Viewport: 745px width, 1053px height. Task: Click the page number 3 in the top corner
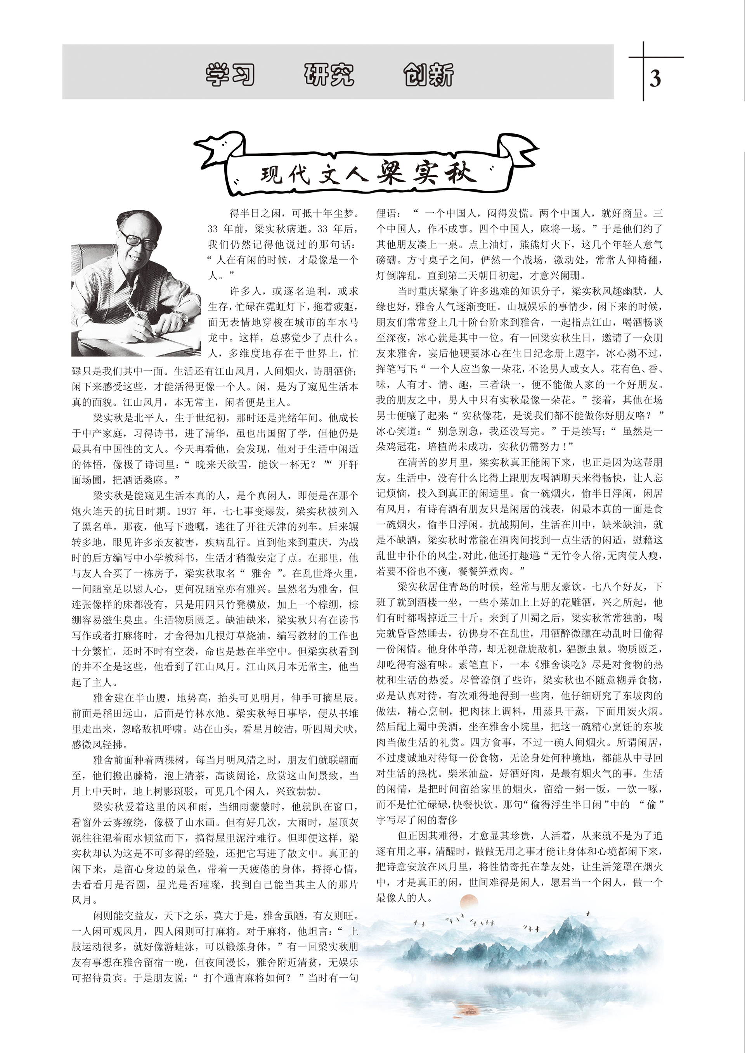655,78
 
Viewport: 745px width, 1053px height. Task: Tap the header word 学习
230,75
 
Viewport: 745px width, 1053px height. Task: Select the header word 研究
329,75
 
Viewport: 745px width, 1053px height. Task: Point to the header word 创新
428,75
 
